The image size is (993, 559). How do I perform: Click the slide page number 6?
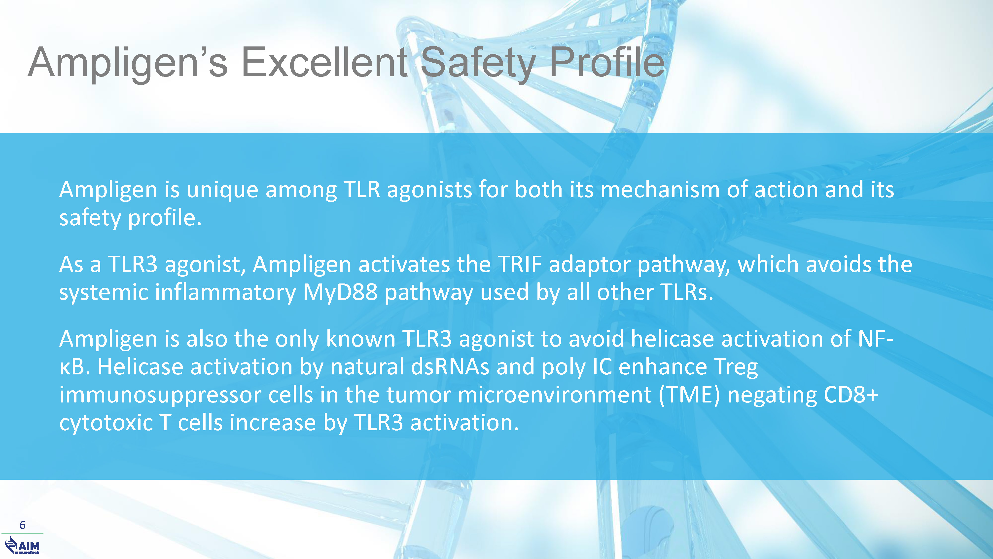pos(22,525)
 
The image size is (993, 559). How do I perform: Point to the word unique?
pos(222,191)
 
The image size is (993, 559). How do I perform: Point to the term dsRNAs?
pos(450,367)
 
